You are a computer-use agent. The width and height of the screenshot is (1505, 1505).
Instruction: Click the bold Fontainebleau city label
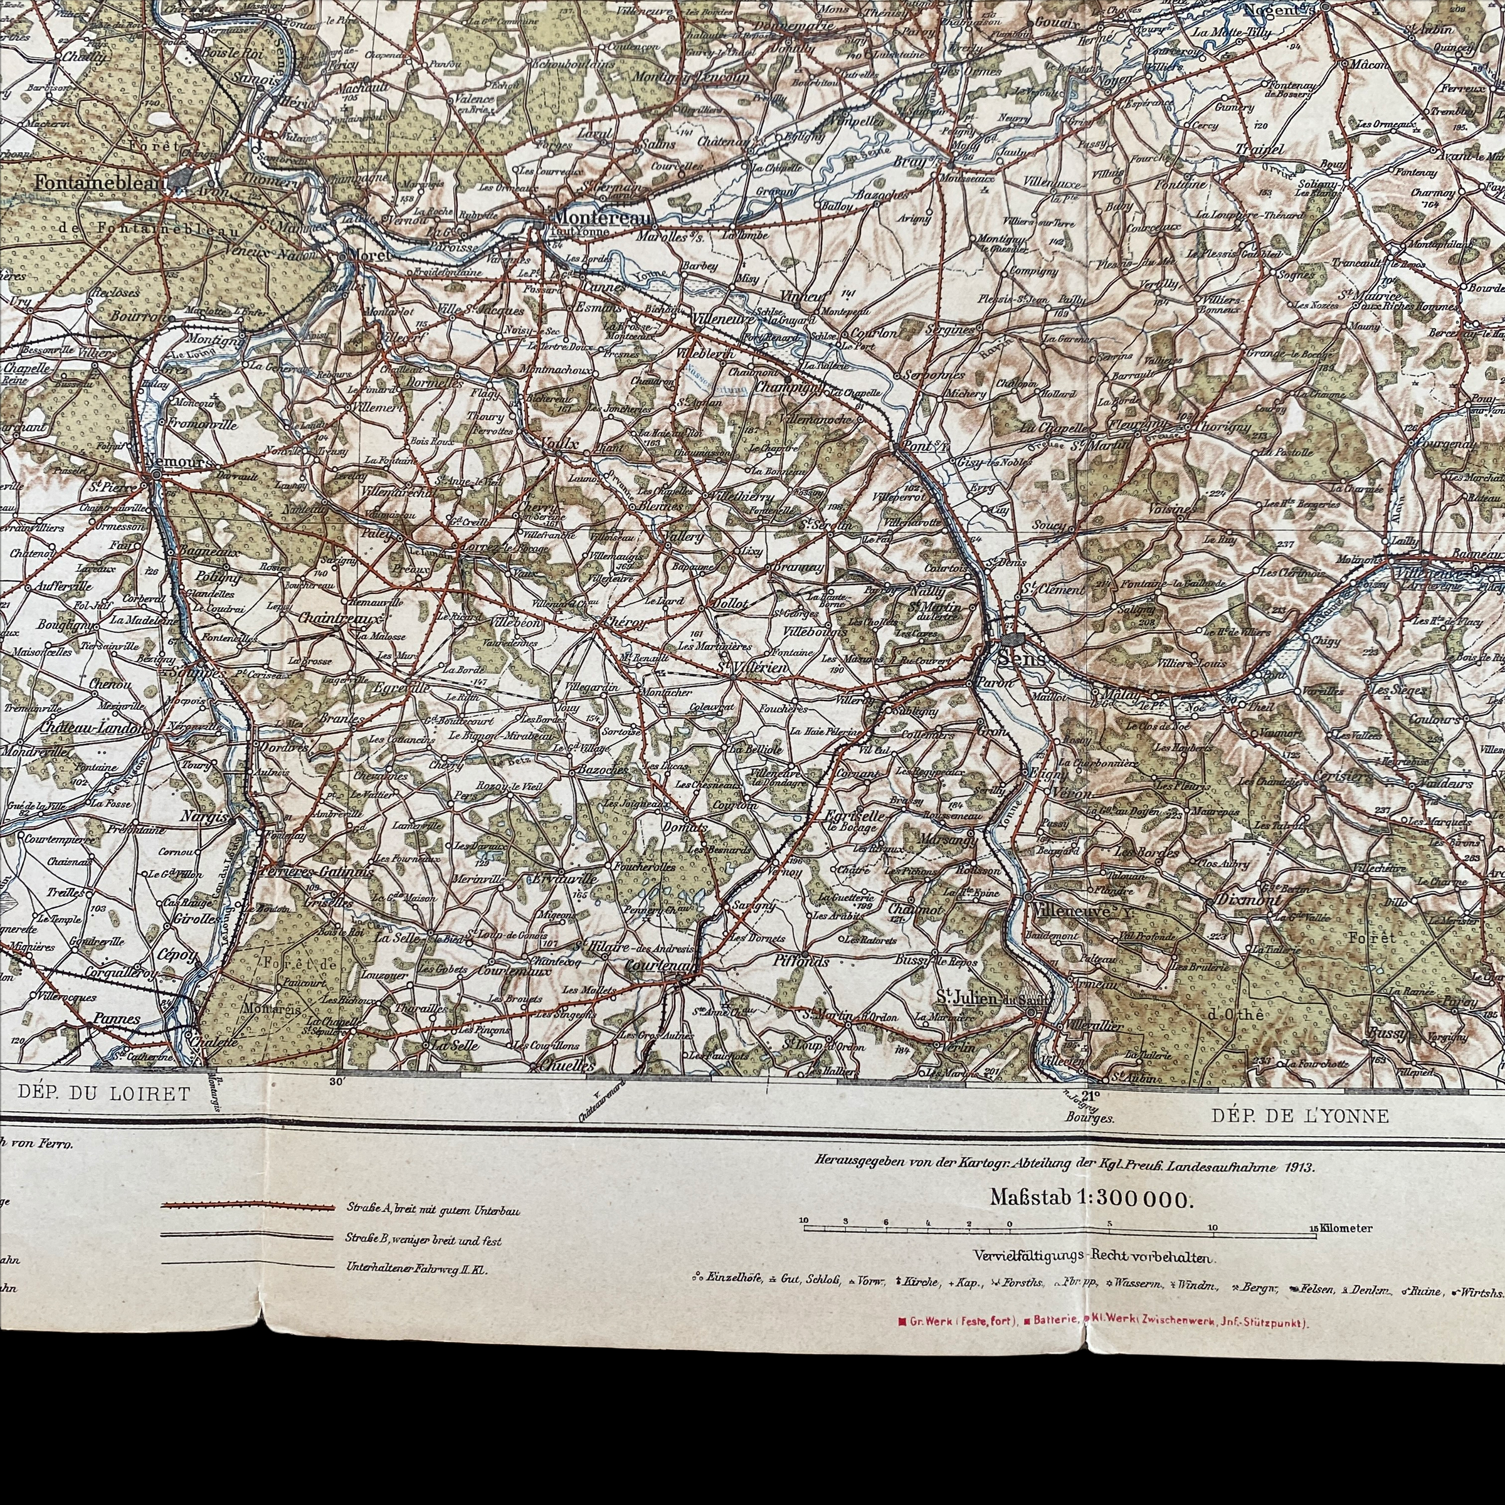point(98,181)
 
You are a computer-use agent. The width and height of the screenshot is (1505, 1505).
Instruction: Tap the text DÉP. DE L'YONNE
point(1299,1116)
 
